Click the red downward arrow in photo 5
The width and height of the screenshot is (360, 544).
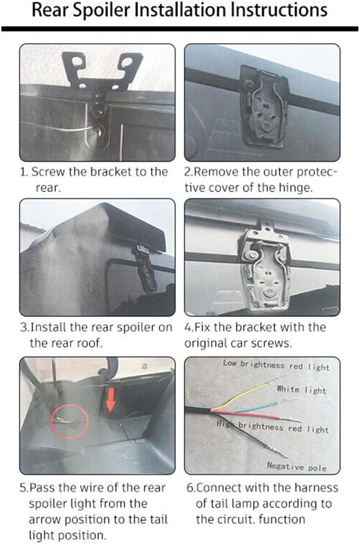pyautogui.click(x=110, y=399)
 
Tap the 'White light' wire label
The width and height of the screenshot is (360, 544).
pyautogui.click(x=301, y=389)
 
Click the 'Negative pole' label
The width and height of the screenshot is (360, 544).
pyautogui.click(x=296, y=466)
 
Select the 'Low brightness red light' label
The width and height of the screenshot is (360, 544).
pyautogui.click(x=276, y=365)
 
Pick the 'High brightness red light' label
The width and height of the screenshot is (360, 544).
pyautogui.click(x=273, y=427)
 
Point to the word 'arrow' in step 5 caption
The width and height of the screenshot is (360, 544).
pyautogui.click(x=45, y=520)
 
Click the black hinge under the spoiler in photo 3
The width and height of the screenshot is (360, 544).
pyautogui.click(x=146, y=267)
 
